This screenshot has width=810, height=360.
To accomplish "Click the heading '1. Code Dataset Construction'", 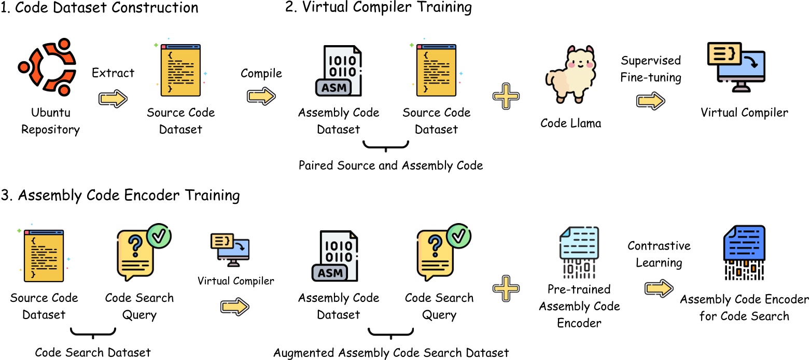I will (100, 8).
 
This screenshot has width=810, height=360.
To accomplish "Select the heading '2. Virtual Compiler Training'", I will (379, 8).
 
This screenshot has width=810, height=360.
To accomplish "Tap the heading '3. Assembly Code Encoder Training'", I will (120, 196).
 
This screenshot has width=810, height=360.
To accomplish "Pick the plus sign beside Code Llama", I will (506, 98).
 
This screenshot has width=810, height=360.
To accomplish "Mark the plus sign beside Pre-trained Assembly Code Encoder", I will (506, 289).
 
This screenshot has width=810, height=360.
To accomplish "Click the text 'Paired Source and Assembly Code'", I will (390, 165).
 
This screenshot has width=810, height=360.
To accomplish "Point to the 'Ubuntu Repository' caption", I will (50, 121).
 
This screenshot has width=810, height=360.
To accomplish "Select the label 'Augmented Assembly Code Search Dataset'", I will (391, 353).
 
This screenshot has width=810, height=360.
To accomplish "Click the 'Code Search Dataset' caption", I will (93, 353).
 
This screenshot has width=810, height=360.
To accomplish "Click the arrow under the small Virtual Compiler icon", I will (235, 307).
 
